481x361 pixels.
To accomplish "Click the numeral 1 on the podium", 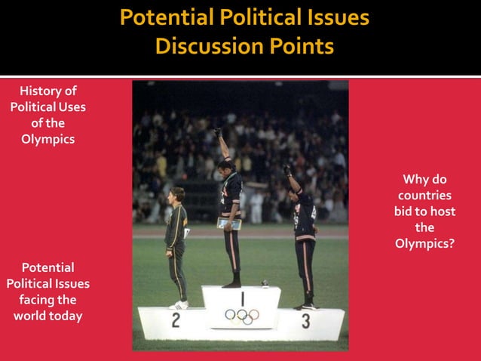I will coord(242,297).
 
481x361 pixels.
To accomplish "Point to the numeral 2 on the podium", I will coord(176,320).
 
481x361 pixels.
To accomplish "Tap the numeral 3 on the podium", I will coord(305,321).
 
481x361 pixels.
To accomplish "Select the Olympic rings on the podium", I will coord(242,315).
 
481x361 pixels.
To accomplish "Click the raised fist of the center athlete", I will coord(217,132).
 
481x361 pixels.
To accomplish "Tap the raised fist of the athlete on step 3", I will coord(286,170).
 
